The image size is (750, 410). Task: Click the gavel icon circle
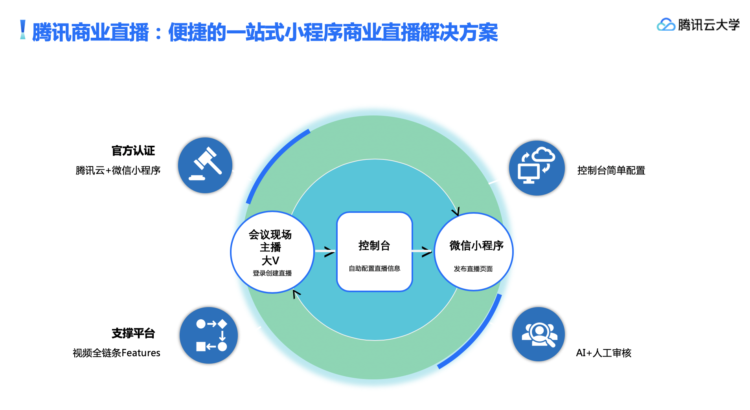click(x=205, y=165)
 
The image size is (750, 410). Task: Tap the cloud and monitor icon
click(x=537, y=168)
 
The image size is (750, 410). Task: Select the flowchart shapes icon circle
click(x=209, y=335)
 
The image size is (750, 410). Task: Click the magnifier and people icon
click(x=539, y=334)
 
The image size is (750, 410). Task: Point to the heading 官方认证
click(x=133, y=151)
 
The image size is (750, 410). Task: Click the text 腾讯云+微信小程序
click(x=118, y=170)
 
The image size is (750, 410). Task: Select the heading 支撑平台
click(x=133, y=333)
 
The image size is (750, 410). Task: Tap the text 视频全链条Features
click(x=116, y=353)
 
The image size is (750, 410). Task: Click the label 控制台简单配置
click(x=611, y=170)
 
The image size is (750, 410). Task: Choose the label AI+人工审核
click(x=603, y=353)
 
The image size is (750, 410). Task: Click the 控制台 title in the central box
click(x=374, y=246)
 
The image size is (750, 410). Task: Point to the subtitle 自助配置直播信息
click(x=374, y=269)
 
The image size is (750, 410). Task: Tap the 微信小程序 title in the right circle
click(x=476, y=246)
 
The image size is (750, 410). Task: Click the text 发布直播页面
click(x=473, y=269)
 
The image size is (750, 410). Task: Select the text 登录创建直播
click(x=272, y=273)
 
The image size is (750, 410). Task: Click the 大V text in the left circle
click(x=270, y=261)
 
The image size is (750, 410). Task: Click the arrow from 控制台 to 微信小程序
click(x=423, y=251)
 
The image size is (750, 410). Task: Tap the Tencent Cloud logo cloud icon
click(x=666, y=25)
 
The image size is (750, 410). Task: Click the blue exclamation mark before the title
click(x=23, y=30)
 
